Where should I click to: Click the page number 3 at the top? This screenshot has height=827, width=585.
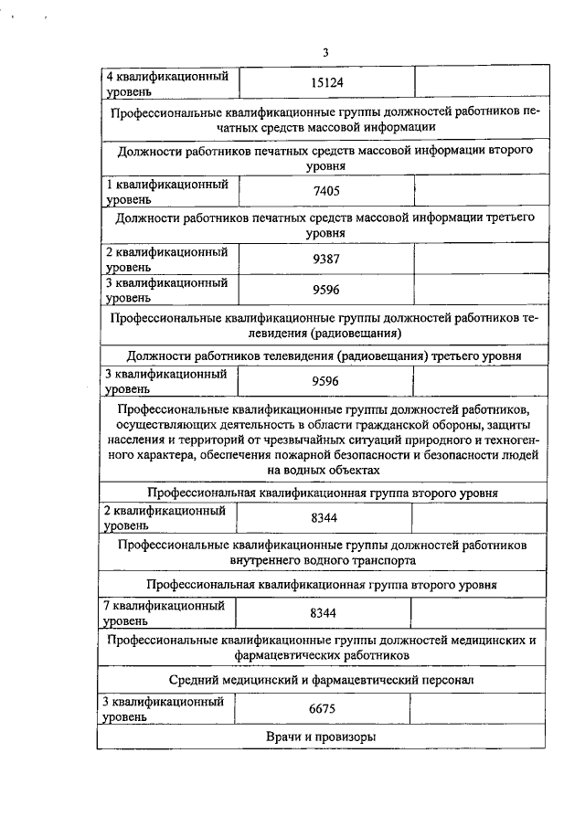click(x=324, y=52)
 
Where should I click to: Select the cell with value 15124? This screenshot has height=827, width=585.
click(x=325, y=83)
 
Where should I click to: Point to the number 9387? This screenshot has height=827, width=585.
click(x=325, y=259)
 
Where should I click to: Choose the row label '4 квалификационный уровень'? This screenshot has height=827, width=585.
click(x=167, y=83)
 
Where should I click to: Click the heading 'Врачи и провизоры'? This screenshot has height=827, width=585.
click(x=322, y=737)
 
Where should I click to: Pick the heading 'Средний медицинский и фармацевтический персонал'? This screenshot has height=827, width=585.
click(x=322, y=680)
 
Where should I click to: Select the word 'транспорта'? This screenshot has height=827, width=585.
click(x=378, y=560)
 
